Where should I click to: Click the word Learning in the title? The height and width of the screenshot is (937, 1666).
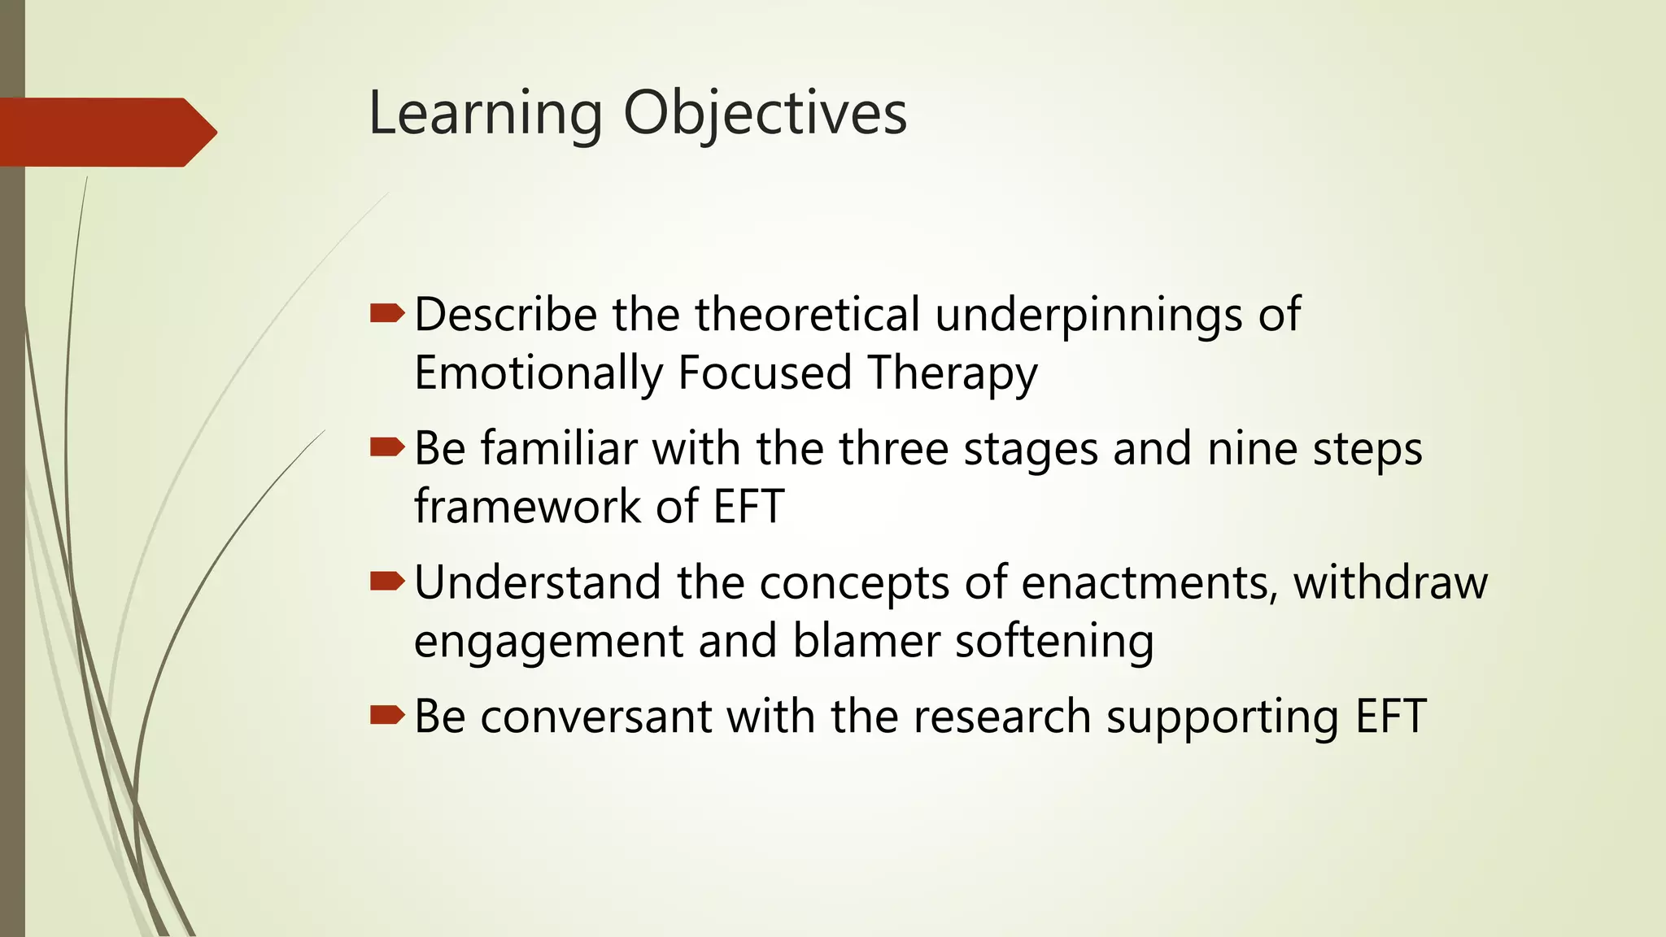(486, 114)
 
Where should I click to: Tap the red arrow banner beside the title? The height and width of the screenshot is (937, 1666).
(106, 132)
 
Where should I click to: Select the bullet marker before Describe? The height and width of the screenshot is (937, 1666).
(386, 313)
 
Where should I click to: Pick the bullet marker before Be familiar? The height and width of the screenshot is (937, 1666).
(386, 447)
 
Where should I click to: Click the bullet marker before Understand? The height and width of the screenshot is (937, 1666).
(386, 581)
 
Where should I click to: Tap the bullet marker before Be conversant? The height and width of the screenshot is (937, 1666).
(386, 715)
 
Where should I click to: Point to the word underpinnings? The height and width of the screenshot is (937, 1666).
(1088, 316)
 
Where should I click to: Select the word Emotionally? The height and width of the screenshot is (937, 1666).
(539, 373)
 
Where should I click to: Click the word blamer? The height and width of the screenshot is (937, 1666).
(866, 640)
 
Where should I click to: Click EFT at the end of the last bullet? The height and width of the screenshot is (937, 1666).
(1390, 717)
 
